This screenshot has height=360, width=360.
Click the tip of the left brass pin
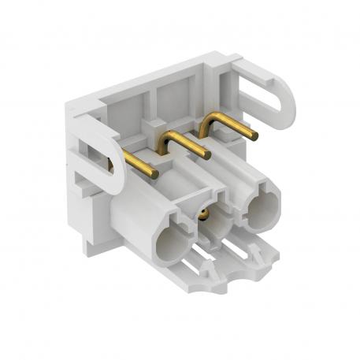pos(155,174)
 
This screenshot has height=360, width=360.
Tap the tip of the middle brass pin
pos(207,156)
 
